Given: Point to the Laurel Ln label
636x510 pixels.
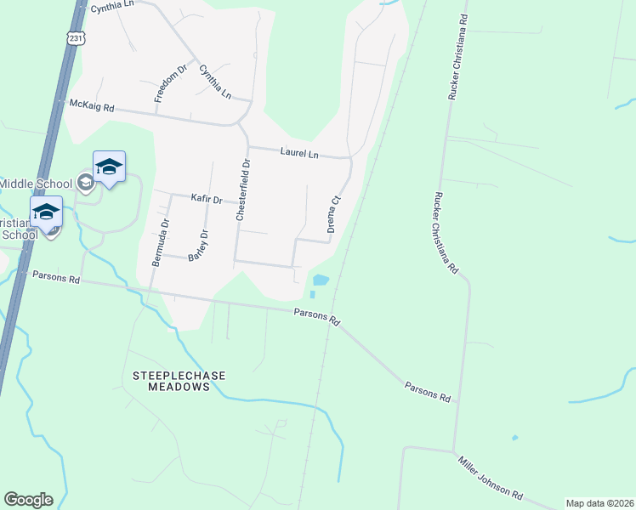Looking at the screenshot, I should pos(299,153).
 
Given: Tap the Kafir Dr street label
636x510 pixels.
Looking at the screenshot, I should pos(206,199).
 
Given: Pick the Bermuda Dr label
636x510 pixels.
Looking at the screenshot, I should pos(159,243).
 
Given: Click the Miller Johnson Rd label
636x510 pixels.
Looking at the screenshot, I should pos(491,478).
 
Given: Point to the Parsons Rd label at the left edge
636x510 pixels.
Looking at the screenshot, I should pos(56,278).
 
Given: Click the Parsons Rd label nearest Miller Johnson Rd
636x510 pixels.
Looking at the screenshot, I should pos(428,392).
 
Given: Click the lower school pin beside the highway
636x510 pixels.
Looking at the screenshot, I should pos(47,212).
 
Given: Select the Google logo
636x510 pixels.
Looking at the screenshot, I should pos(28,500).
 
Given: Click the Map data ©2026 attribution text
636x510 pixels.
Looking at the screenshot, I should pos(599,503).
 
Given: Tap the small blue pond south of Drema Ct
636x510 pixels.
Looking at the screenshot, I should pos(321,280).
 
